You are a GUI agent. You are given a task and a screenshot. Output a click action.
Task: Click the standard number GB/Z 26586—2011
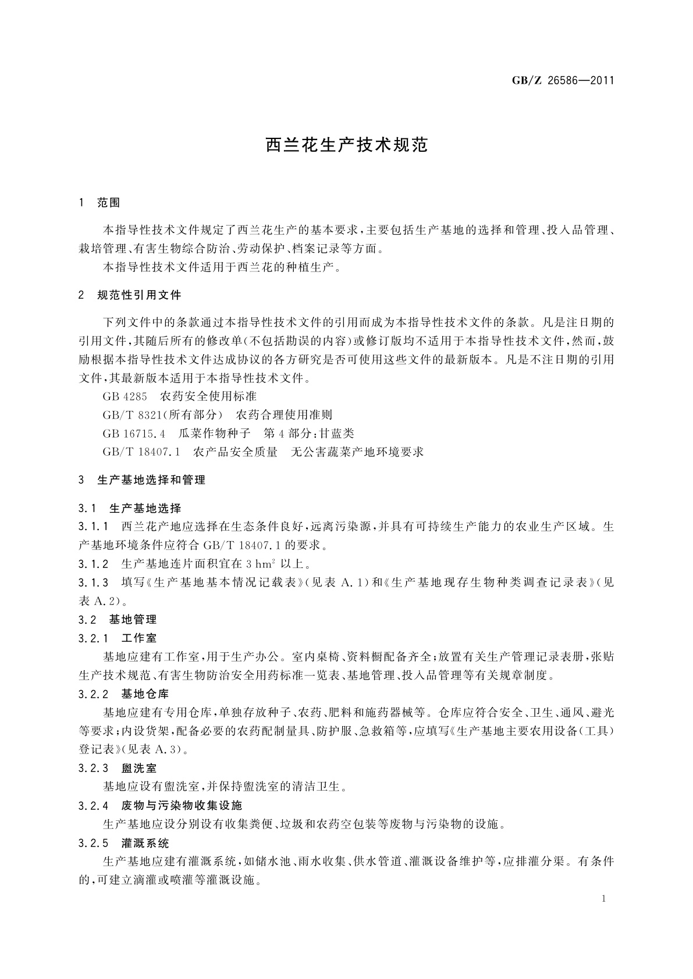563,81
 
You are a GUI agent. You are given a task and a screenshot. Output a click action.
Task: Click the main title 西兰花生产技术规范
347,145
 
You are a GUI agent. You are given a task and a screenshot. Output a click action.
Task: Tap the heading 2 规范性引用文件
130,295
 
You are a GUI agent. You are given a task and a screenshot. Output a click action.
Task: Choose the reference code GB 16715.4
134,434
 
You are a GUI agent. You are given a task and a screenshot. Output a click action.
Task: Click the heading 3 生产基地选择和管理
142,481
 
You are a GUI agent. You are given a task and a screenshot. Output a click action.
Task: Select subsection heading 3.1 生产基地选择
130,509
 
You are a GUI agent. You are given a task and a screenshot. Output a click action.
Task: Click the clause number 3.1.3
94,583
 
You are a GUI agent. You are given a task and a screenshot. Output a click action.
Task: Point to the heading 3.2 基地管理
118,620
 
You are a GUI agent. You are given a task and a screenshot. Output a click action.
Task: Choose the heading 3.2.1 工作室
118,638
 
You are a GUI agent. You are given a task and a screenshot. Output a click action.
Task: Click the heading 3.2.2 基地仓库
123,694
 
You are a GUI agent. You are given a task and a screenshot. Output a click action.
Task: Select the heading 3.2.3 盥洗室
118,769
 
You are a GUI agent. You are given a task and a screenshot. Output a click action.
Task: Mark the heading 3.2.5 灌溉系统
123,843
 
